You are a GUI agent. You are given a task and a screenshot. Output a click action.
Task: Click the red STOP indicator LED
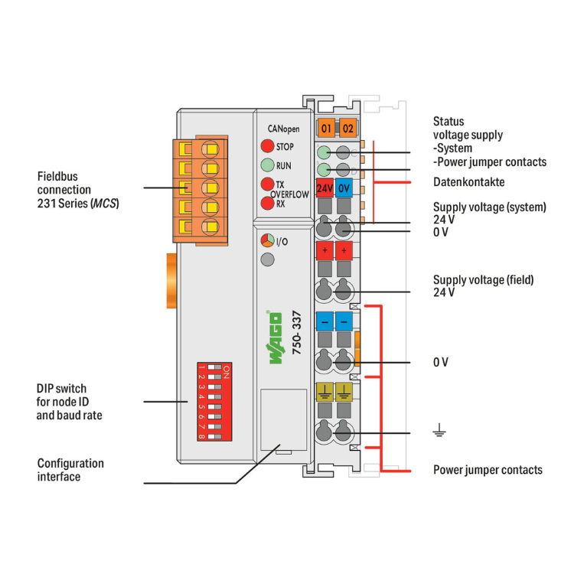267,146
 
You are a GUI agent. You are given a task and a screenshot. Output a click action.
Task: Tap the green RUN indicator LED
267,165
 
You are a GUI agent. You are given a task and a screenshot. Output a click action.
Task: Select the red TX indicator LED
267,184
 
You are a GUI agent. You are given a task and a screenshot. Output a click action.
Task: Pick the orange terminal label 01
327,128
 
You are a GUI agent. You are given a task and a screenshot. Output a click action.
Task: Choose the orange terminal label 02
347,128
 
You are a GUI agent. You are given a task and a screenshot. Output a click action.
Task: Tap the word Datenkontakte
468,182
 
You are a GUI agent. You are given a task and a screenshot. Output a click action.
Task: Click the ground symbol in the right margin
439,433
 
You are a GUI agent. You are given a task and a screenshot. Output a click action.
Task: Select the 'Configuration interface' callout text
70,470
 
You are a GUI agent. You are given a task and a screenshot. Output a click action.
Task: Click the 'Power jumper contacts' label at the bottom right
488,469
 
